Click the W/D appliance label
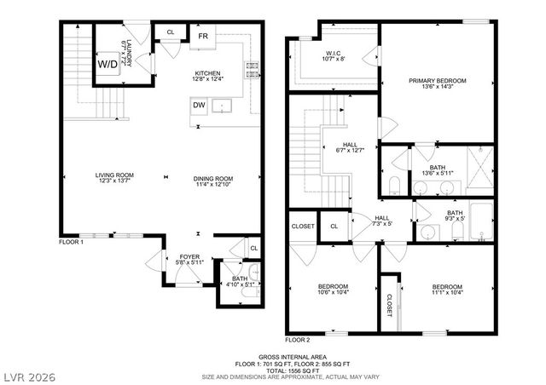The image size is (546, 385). [x=108, y=64]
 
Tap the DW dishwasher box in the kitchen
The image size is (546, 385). [x=198, y=106]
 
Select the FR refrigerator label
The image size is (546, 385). [x=203, y=37]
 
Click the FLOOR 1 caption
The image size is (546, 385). [x=70, y=243]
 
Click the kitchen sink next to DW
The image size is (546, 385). [x=224, y=106]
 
